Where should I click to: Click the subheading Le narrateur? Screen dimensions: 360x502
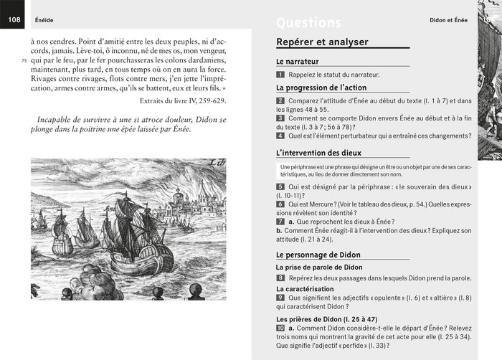click(x=297, y=62)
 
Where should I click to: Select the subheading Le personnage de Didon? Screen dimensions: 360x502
click(x=318, y=255)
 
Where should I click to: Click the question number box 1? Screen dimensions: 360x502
click(x=280, y=75)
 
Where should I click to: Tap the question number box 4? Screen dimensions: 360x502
click(x=280, y=136)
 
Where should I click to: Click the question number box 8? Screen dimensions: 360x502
click(x=280, y=277)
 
